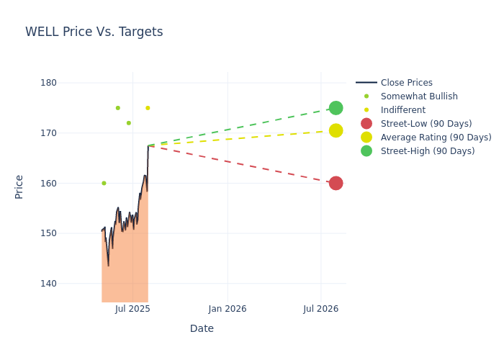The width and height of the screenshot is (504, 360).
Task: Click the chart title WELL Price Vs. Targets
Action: [x=94, y=32]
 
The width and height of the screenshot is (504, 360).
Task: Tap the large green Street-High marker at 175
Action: [x=336, y=108]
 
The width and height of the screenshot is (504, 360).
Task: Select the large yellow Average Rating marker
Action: [x=336, y=130]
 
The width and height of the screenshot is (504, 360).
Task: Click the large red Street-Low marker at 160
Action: [x=336, y=183]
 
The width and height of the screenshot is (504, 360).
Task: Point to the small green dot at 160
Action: [x=104, y=183]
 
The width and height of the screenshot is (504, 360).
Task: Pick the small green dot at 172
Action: [x=129, y=123]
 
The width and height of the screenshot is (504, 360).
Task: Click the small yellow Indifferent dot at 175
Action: [x=148, y=108]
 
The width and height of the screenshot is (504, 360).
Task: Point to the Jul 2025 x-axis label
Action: [x=132, y=309]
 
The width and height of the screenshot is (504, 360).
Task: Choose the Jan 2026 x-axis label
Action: [x=228, y=309]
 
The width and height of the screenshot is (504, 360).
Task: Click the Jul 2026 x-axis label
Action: [x=321, y=309]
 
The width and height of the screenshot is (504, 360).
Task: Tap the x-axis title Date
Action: [x=202, y=328]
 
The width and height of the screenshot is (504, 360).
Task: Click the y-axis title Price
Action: [x=19, y=186]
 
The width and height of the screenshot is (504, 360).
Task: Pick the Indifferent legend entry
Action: [x=402, y=110]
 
